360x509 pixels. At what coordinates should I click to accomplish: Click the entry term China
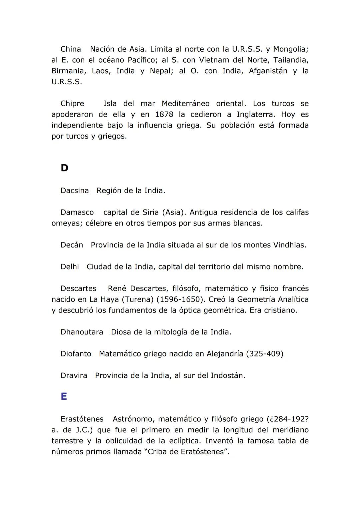(71, 49)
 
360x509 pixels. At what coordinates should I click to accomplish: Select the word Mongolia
(290, 49)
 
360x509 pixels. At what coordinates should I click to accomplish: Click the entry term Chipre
(72, 104)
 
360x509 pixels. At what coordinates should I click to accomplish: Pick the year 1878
(164, 115)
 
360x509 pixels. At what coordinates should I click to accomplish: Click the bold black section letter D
(64, 168)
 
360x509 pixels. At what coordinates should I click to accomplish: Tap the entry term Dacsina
(75, 191)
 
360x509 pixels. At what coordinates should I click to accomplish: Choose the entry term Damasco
(77, 213)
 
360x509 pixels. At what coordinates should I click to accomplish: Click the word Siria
(151, 213)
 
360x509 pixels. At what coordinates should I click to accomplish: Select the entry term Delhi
(70, 267)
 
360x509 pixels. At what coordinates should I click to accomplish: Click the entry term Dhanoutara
(82, 332)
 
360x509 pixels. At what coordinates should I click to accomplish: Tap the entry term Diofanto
(76, 354)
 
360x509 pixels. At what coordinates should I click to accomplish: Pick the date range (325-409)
(264, 354)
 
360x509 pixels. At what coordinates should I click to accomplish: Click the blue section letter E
(64, 396)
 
